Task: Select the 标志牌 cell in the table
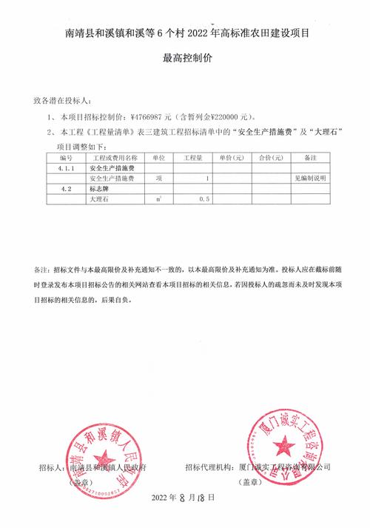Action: click(101, 189)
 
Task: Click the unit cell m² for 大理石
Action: click(157, 199)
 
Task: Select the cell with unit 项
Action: click(157, 178)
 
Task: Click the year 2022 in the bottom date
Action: click(160, 498)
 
